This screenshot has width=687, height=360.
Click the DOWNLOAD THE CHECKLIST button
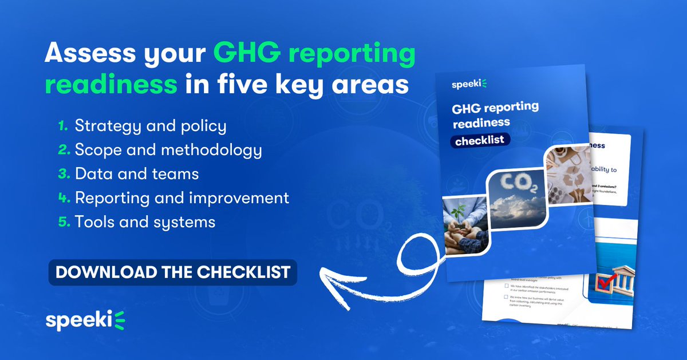pos(172,271)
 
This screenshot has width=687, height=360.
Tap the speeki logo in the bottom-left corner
pos(86,321)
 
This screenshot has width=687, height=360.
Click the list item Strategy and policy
pos(151,126)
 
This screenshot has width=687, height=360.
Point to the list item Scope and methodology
pos(168,150)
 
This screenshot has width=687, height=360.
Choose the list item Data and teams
pos(136,173)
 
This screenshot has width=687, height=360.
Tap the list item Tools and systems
pos(145,221)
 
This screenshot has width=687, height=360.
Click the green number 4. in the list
pos(64,198)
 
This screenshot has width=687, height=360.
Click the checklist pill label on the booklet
pos(480,141)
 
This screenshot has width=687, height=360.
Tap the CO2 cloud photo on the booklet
pos(516,197)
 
